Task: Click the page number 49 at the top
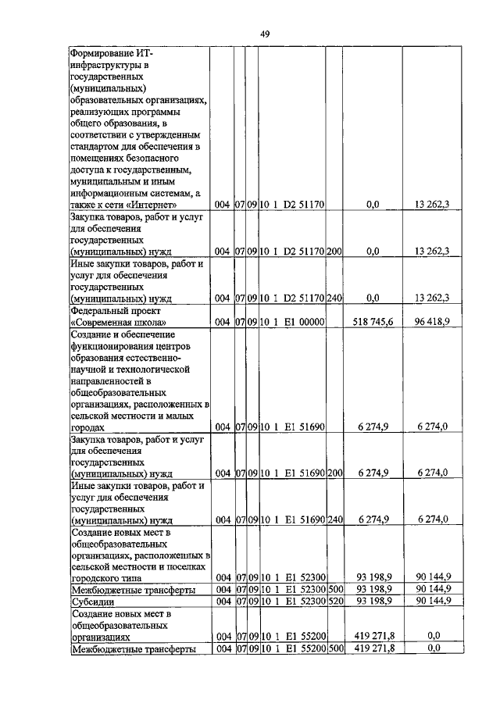(x=265, y=33)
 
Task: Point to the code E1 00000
(x=303, y=321)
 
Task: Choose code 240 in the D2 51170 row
(x=334, y=298)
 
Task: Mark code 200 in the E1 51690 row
(x=334, y=473)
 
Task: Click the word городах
(x=87, y=427)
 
